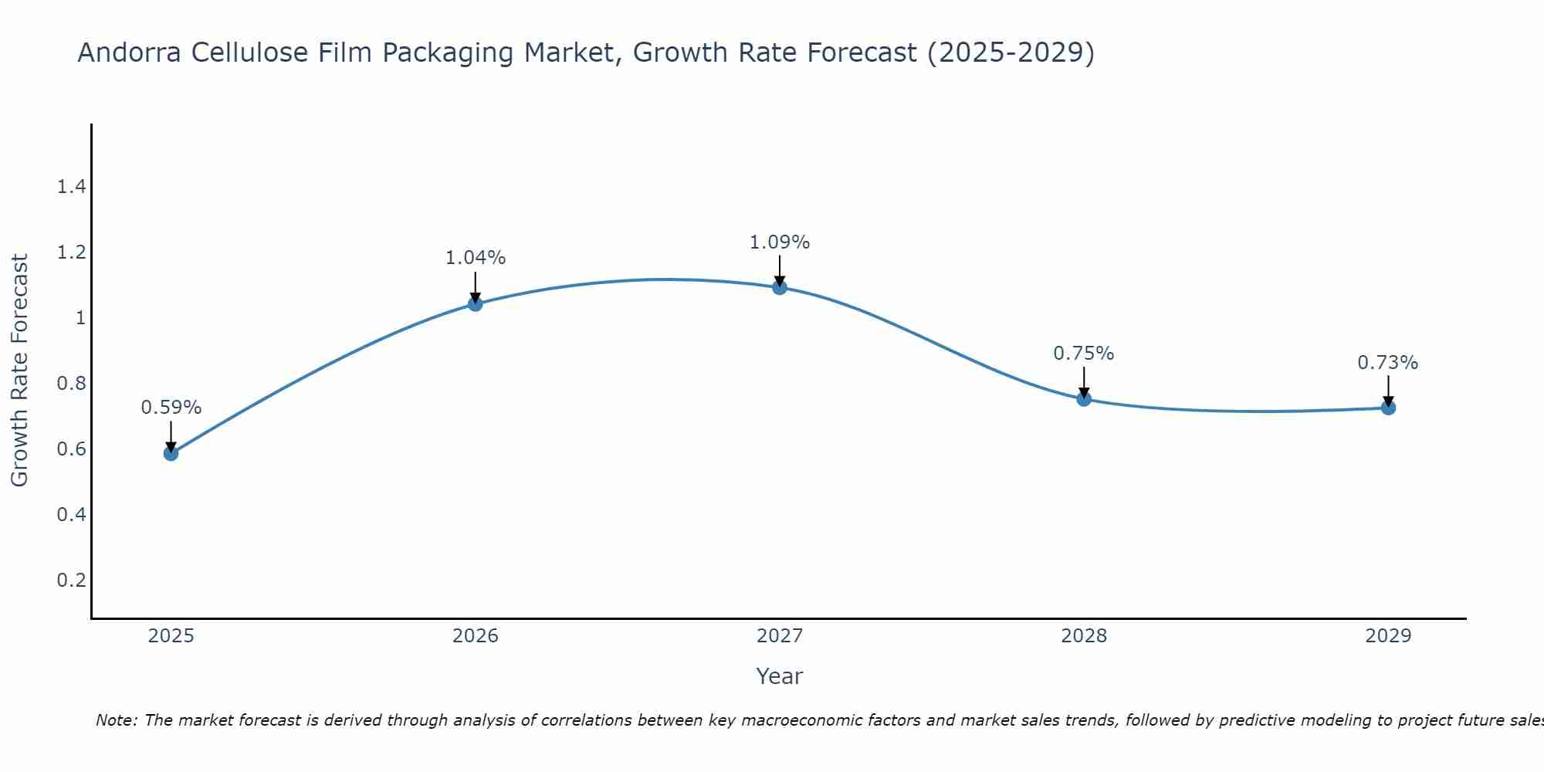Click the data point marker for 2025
pyautogui.click(x=171, y=453)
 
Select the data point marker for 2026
pyautogui.click(x=475, y=304)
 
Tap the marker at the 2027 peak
pyautogui.click(x=780, y=287)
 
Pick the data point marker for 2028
pyautogui.click(x=1084, y=399)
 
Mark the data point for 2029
pyautogui.click(x=1388, y=407)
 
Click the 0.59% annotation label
pyautogui.click(x=171, y=408)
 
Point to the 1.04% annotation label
pyautogui.click(x=475, y=258)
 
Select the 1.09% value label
pyautogui.click(x=780, y=242)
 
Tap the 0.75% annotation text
pyautogui.click(x=1084, y=354)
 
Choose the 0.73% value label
pyautogui.click(x=1388, y=363)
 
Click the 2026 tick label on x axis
pyautogui.click(x=475, y=636)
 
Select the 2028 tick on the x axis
pyautogui.click(x=1084, y=636)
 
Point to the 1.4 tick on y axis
pyautogui.click(x=71, y=187)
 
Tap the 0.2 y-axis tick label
pyautogui.click(x=71, y=580)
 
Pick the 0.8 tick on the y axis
pyautogui.click(x=71, y=384)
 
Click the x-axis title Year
pyautogui.click(x=780, y=676)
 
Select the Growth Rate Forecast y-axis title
pyautogui.click(x=19, y=371)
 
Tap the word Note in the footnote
pyautogui.click(x=116, y=720)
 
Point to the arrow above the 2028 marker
pyautogui.click(x=1084, y=381)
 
